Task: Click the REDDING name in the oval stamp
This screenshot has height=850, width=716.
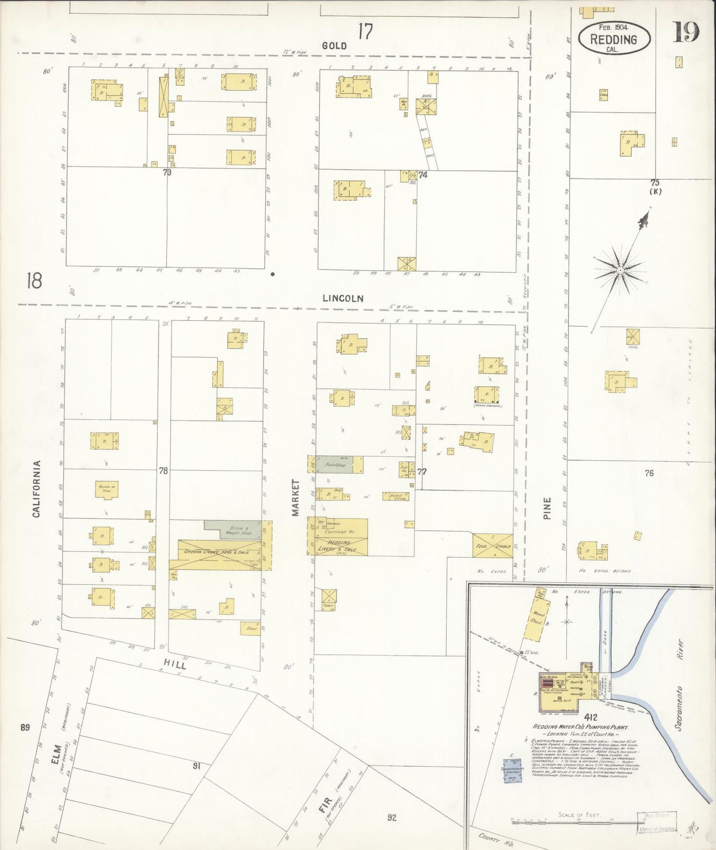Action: point(613,39)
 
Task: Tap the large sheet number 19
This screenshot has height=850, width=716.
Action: point(685,33)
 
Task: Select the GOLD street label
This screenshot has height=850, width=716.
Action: point(334,46)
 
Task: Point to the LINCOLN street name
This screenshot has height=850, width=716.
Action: point(343,299)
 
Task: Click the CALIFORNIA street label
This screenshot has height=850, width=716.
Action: point(36,489)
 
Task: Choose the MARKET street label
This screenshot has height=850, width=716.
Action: point(296,497)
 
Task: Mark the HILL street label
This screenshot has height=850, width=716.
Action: point(175,663)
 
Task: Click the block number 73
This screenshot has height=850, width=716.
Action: point(167,172)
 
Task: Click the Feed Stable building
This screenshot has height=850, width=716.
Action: point(492,546)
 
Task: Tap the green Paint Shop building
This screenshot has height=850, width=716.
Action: point(334,465)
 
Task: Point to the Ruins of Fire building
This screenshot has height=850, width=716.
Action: point(107,489)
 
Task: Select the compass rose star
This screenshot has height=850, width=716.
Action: point(619,270)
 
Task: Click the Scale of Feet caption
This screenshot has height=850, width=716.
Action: point(579,814)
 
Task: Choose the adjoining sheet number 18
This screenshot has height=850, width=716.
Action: point(35,281)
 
